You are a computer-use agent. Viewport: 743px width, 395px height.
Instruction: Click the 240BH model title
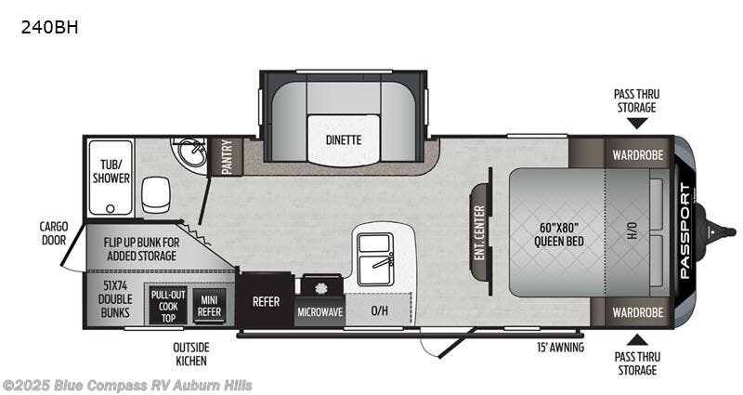click(x=49, y=28)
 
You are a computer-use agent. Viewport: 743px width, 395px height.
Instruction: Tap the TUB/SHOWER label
click(x=110, y=171)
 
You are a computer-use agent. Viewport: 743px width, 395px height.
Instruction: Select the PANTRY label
click(x=227, y=157)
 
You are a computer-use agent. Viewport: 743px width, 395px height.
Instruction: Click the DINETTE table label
click(x=343, y=140)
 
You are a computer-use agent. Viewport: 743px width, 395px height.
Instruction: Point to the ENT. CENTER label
click(x=479, y=231)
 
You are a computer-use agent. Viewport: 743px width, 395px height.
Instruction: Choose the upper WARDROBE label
click(x=638, y=155)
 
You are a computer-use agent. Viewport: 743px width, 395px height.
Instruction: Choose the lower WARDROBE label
click(x=638, y=312)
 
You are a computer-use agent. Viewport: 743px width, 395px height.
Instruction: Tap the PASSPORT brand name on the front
click(x=685, y=231)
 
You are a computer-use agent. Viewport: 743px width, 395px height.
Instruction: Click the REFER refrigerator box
click(x=266, y=301)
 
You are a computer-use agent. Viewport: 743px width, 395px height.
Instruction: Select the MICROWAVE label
click(x=319, y=312)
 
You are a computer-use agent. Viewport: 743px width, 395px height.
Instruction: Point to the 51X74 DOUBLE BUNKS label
click(x=116, y=299)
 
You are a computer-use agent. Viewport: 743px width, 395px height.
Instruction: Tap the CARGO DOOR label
click(x=54, y=231)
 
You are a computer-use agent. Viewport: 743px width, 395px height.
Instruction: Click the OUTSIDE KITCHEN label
click(x=189, y=354)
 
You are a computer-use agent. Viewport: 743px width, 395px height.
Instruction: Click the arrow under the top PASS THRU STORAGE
click(x=637, y=123)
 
